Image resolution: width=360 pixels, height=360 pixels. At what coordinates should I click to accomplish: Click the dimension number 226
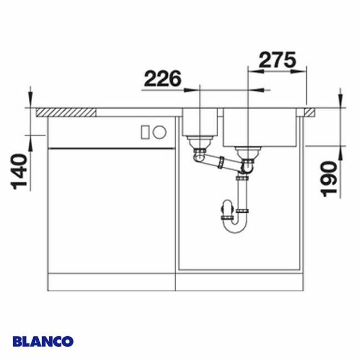[162, 79]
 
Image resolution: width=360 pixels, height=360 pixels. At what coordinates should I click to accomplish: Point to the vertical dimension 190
[330, 178]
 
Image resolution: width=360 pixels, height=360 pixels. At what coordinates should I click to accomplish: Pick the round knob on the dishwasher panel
[159, 132]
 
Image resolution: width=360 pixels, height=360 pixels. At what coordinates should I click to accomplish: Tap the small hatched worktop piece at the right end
[308, 112]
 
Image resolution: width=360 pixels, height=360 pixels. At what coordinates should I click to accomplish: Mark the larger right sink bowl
[259, 127]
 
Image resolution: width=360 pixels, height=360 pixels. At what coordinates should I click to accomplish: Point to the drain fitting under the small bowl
[200, 145]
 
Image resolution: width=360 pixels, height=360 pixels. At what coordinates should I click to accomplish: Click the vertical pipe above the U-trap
[242, 194]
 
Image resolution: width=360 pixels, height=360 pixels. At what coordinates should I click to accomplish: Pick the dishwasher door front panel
[111, 210]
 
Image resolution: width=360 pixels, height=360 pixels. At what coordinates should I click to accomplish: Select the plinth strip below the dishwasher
[111, 282]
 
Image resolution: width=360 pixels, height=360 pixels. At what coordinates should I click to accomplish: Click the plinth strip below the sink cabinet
[241, 282]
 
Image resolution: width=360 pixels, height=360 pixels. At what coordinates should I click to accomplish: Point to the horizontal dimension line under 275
[277, 71]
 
